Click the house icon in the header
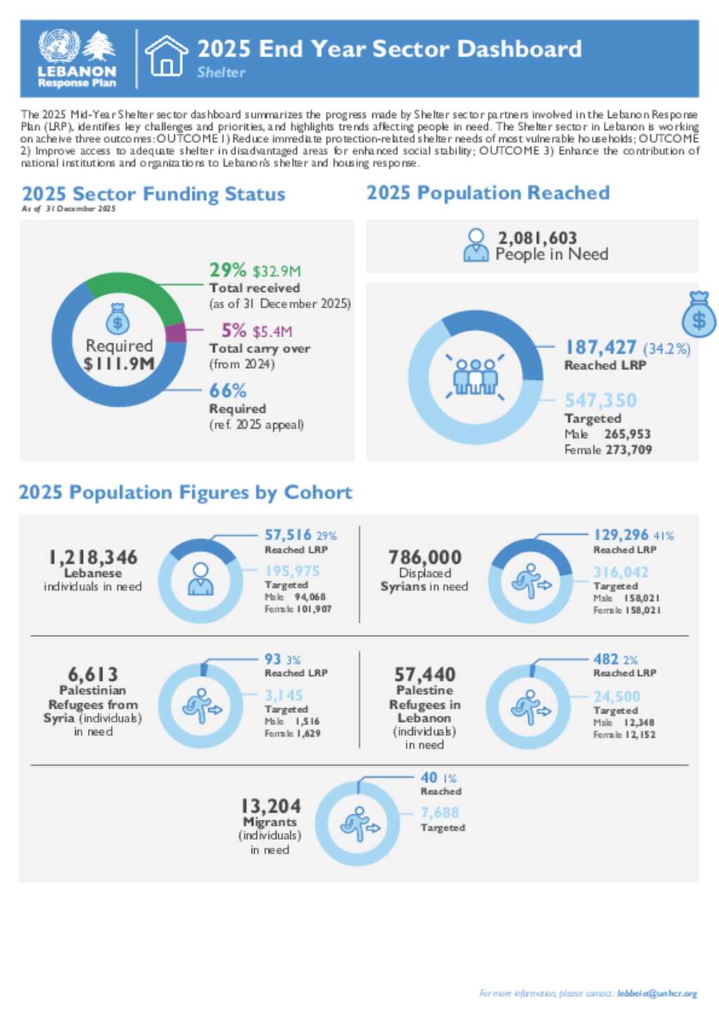pyautogui.click(x=166, y=56)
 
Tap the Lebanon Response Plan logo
pyautogui.click(x=77, y=59)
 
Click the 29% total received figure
pyautogui.click(x=227, y=270)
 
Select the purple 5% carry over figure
pyautogui.click(x=234, y=331)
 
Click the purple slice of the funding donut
pyautogui.click(x=176, y=333)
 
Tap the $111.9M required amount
pyautogui.click(x=119, y=364)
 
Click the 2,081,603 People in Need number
pyautogui.click(x=537, y=238)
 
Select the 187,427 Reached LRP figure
pyautogui.click(x=601, y=347)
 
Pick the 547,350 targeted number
pyautogui.click(x=600, y=401)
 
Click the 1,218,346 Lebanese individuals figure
pyautogui.click(x=93, y=557)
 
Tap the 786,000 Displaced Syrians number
pyautogui.click(x=425, y=557)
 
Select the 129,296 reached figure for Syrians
pyautogui.click(x=621, y=535)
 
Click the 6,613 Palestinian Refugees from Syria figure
pyautogui.click(x=93, y=674)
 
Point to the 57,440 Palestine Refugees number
pyautogui.click(x=425, y=674)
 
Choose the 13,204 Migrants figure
pyautogui.click(x=270, y=806)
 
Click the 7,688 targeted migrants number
pyautogui.click(x=440, y=813)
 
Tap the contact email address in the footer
pyautogui.click(x=657, y=994)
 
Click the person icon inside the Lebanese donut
pyautogui.click(x=201, y=580)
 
